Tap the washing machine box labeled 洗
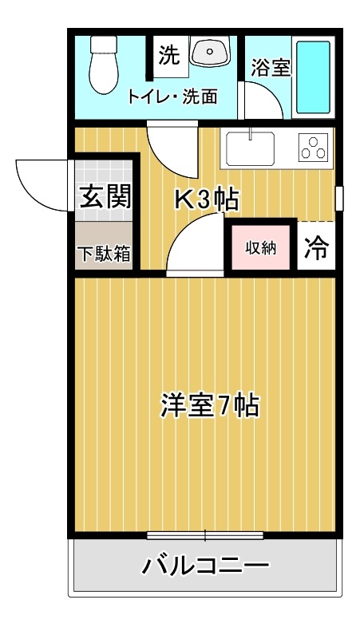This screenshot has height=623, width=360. (x=168, y=55)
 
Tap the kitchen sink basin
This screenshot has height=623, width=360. (x=251, y=148)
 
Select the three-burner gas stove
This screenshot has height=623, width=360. (x=313, y=147)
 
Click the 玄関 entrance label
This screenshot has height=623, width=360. (x=105, y=195)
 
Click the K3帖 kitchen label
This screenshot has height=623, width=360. (x=206, y=199)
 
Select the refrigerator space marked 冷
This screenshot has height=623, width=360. (x=316, y=248)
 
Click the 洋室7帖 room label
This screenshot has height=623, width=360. (x=208, y=406)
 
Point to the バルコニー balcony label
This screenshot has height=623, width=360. (x=205, y=567)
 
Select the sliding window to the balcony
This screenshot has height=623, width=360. (x=205, y=534)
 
